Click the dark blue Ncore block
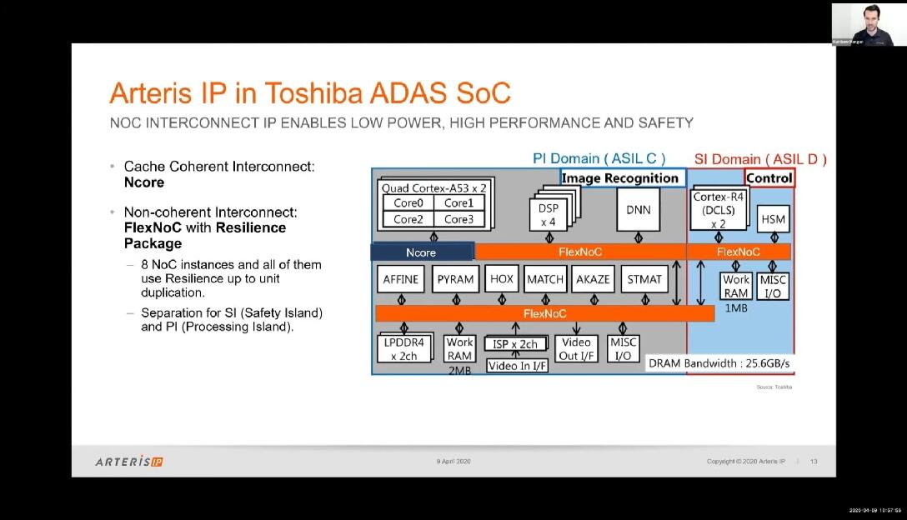pyautogui.click(x=422, y=252)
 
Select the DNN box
pyautogui.click(x=638, y=210)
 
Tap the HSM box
pyautogui.click(x=773, y=219)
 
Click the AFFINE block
pyautogui.click(x=401, y=279)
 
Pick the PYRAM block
pyautogui.click(x=455, y=279)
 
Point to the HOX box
pyautogui.click(x=502, y=278)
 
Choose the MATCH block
pyautogui.click(x=545, y=279)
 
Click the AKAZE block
pyautogui.click(x=593, y=279)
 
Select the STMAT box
pyautogui.click(x=644, y=279)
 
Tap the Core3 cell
pyautogui.click(x=459, y=219)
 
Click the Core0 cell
pyautogui.click(x=408, y=203)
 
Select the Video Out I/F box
pyautogui.click(x=576, y=348)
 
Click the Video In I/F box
pyautogui.click(x=518, y=365)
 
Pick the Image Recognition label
pyautogui.click(x=620, y=177)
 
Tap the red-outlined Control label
pyautogui.click(x=769, y=177)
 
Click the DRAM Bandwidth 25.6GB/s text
pyautogui.click(x=719, y=363)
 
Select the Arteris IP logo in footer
pyautogui.click(x=129, y=461)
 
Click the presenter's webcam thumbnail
pyautogui.click(x=863, y=23)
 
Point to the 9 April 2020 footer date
pyautogui.click(x=453, y=462)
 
